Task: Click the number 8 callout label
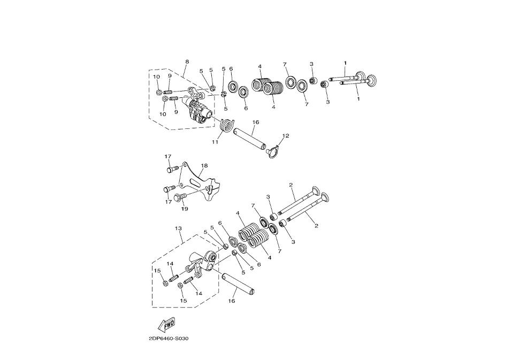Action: click(187, 62)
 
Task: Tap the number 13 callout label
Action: click(178, 228)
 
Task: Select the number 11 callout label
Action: click(215, 142)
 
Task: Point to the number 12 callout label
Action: click(286, 136)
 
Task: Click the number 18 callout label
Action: click(204, 166)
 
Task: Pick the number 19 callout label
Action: click(185, 209)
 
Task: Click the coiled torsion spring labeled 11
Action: click(227, 126)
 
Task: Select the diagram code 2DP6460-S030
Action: click(169, 339)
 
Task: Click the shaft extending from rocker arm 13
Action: click(239, 284)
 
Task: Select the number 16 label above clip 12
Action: click(256, 122)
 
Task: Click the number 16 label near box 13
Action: click(232, 301)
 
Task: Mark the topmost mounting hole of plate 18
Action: click(184, 165)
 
